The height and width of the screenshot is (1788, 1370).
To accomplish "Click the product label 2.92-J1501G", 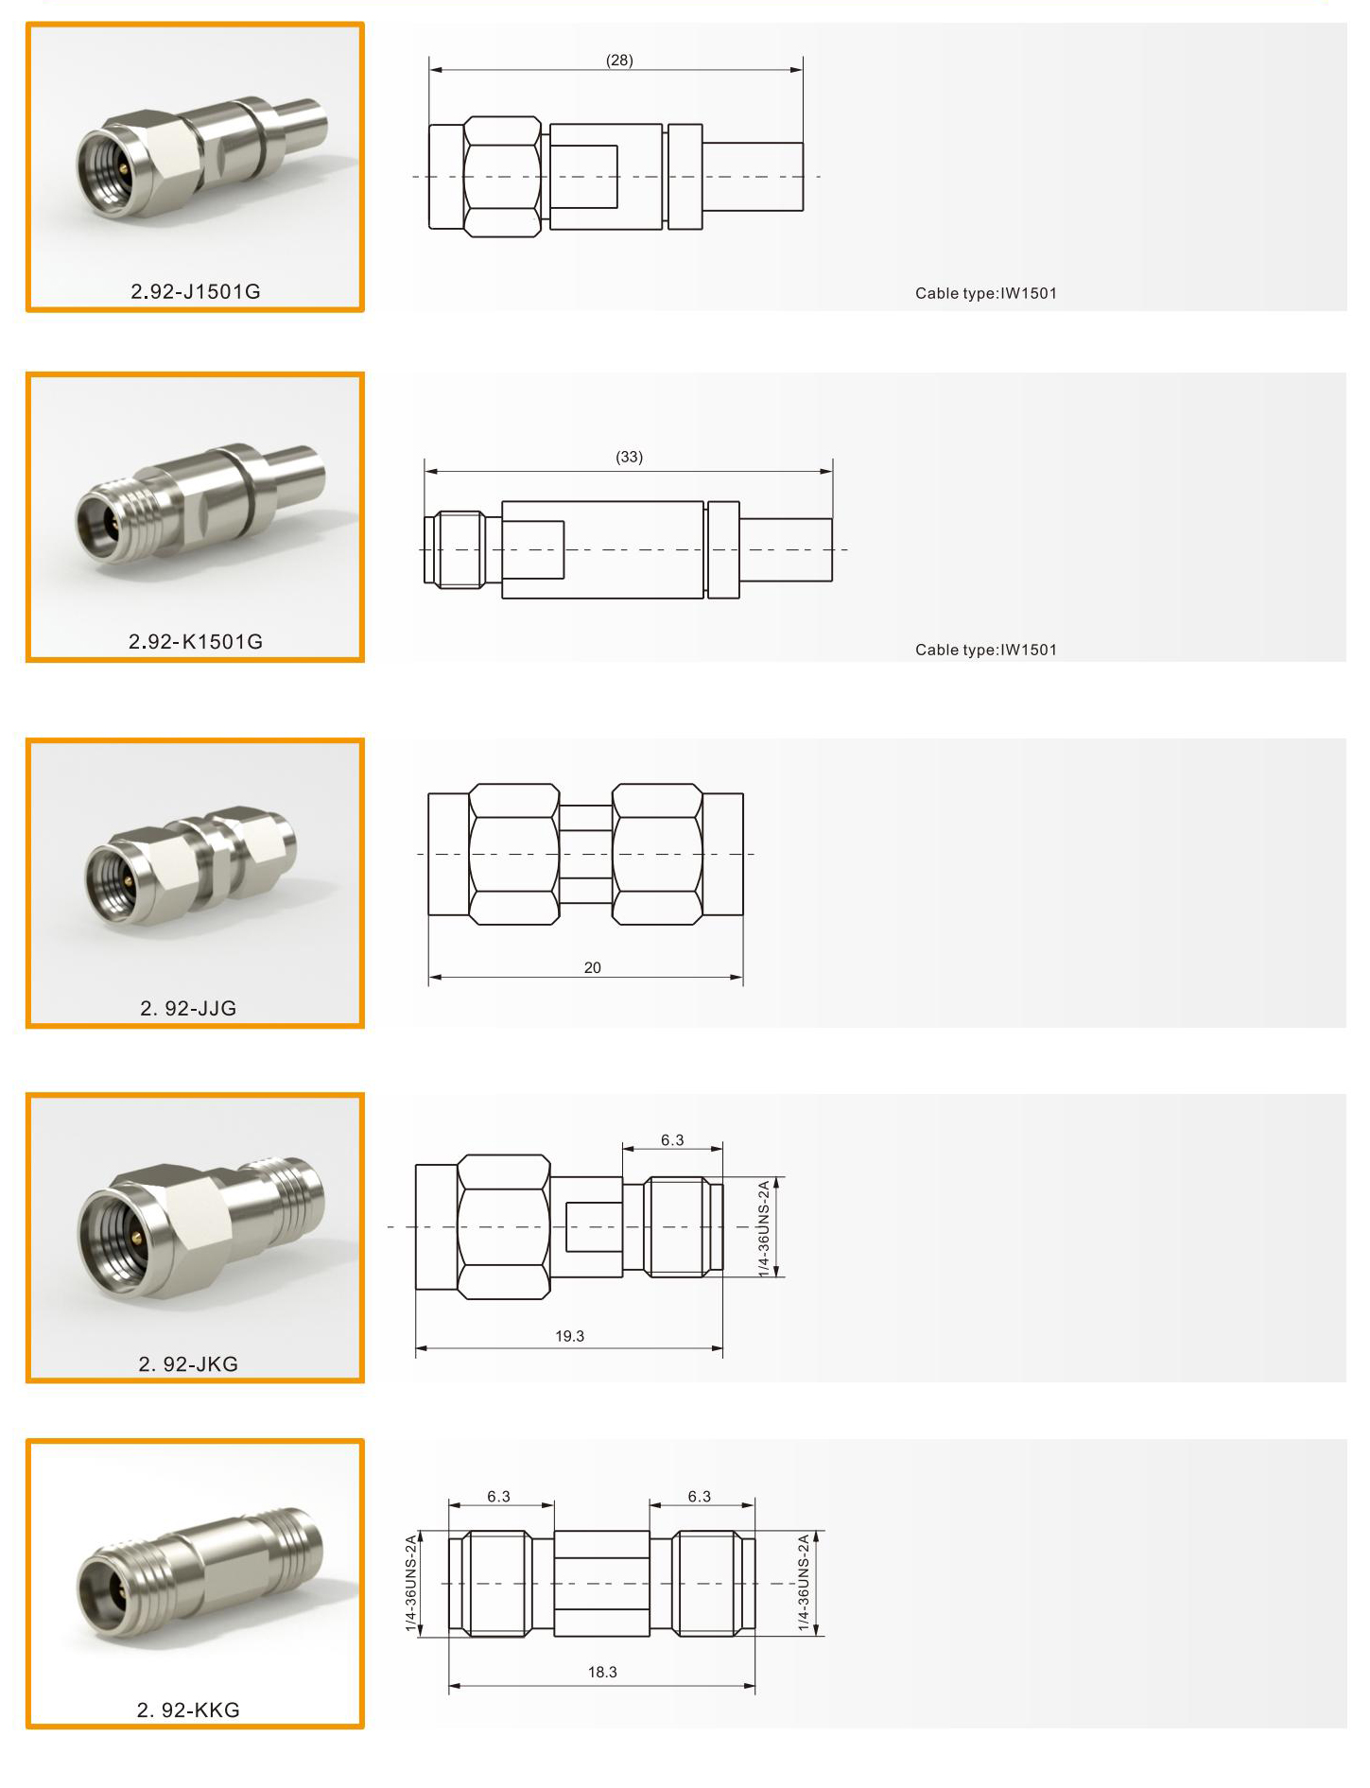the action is click(195, 291).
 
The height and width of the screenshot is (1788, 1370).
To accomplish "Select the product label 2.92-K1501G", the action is click(195, 641).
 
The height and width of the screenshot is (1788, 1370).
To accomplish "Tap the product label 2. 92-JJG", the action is click(188, 1008).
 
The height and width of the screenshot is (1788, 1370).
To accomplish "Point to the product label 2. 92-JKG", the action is click(188, 1363).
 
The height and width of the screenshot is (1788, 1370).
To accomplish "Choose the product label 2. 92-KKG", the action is click(188, 1710).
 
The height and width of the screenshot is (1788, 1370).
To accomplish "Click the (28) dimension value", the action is click(619, 61).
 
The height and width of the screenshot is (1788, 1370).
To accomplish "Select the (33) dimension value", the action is click(629, 457).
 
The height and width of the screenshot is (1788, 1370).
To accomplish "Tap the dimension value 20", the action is click(593, 967).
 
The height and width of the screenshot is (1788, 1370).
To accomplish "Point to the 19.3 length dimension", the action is click(569, 1336).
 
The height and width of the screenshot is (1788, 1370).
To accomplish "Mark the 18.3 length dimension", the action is click(602, 1672).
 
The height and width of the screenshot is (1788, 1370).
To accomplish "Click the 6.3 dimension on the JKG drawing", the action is click(672, 1140).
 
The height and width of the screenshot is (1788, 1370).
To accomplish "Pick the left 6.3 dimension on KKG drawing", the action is click(498, 1496).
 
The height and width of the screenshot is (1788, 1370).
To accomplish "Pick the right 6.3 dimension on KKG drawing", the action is click(699, 1496).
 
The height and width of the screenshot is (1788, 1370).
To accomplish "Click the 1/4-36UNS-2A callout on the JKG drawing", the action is click(764, 1227).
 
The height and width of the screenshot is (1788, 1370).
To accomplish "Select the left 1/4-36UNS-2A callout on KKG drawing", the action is click(410, 1583).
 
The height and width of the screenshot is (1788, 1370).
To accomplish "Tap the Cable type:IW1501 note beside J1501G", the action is click(986, 293).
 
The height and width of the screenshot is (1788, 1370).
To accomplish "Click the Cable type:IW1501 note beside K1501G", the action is click(986, 650).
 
